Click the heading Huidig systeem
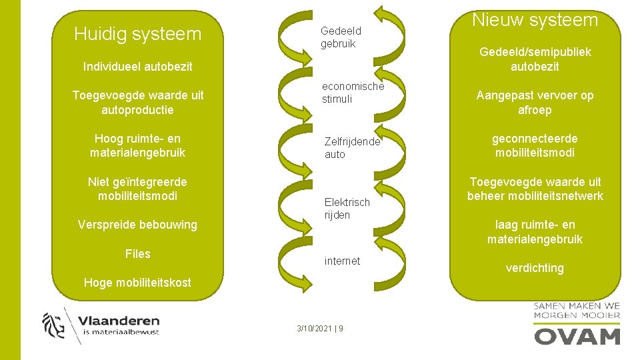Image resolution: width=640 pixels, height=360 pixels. point(137,33)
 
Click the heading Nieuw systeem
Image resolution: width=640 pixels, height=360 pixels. point(535,20)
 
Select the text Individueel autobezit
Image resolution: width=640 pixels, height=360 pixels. point(137,66)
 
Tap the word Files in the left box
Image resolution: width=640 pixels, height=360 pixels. point(137,253)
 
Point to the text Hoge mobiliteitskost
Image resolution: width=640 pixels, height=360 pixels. point(137,283)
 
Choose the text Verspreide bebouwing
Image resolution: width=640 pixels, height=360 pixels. point(137,225)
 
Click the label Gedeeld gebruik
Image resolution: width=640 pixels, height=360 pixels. point(340,37)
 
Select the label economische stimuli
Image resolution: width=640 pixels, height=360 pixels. point(353,93)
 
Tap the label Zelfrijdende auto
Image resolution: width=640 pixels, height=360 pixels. point(351,148)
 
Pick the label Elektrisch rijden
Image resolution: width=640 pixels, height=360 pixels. point(346,208)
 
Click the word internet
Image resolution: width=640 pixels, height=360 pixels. point(342,261)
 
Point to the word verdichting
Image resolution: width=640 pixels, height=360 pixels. point(535,268)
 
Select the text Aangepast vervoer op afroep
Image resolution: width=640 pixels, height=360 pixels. point(535,103)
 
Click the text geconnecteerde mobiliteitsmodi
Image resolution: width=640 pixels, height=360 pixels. point(535,145)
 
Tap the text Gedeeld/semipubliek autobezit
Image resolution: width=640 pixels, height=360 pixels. point(535,59)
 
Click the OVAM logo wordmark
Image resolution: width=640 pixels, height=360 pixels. point(577,336)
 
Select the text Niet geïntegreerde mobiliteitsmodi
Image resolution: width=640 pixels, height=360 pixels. point(137,189)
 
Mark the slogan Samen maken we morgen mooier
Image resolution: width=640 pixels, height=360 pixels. point(577,311)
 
